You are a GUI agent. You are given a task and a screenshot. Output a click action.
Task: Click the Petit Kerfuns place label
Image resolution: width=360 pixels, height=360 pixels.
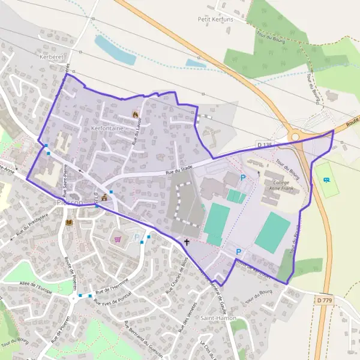point(215,19)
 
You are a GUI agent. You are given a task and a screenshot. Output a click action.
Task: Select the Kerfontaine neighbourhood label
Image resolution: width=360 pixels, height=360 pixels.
point(107,128)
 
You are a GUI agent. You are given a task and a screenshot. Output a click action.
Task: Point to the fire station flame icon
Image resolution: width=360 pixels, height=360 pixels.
point(135,114)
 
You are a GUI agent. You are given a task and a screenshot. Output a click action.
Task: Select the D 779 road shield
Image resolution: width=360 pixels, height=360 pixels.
point(323,299)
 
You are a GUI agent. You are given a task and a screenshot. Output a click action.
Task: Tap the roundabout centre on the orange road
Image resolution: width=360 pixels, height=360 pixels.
point(295,137)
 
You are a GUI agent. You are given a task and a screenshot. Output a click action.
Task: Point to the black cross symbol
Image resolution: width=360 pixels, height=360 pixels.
point(187,242)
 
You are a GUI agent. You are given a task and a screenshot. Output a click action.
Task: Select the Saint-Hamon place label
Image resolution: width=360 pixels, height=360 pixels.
point(218,317)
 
